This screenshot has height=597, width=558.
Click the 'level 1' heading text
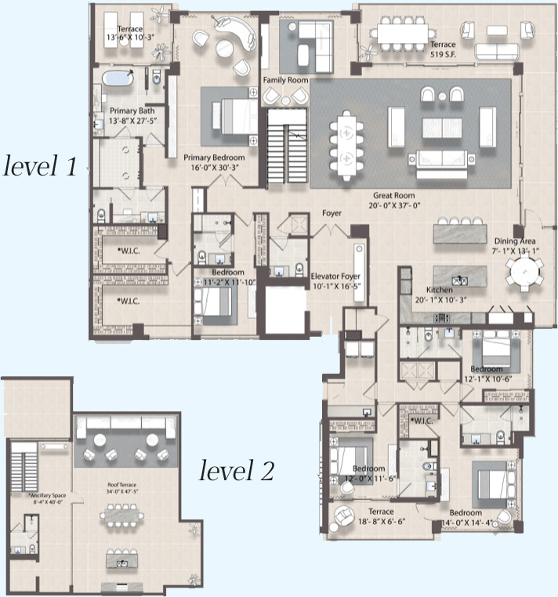point(40,166)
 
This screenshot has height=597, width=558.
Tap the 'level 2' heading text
point(236,470)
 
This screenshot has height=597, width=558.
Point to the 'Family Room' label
point(284,80)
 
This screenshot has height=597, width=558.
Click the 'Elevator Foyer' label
point(336,276)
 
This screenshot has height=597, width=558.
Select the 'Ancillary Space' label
point(50,496)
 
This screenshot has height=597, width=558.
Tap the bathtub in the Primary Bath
point(118,78)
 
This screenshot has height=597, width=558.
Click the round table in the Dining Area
point(523,273)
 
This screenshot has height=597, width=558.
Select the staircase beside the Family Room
point(286,146)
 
